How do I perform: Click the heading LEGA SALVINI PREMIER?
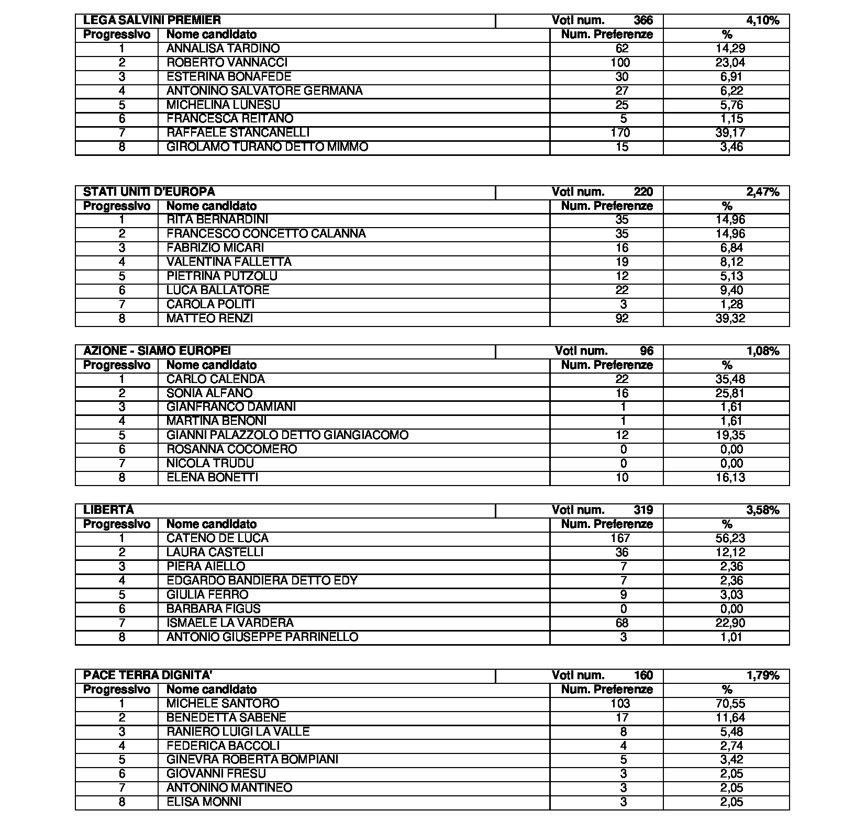(152, 20)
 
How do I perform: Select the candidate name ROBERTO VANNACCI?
(227, 63)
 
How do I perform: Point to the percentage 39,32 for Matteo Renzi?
(730, 319)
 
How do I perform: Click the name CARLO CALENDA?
(215, 379)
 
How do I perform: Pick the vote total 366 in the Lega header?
(643, 20)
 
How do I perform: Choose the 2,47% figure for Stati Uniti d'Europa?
(763, 192)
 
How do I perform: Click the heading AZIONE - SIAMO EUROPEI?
(157, 351)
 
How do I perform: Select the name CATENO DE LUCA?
(217, 538)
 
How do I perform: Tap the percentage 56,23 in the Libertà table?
(730, 538)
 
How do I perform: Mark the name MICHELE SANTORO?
(223, 703)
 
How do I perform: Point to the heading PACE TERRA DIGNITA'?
(147, 675)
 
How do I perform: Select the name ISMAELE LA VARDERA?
(230, 623)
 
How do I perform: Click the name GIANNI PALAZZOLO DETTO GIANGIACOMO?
(287, 435)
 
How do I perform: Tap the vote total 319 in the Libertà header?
(643, 510)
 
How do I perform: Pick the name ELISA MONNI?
(204, 802)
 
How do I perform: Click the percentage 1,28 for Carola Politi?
(731, 305)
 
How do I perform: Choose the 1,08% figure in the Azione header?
(763, 351)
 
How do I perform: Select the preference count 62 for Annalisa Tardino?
(622, 49)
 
